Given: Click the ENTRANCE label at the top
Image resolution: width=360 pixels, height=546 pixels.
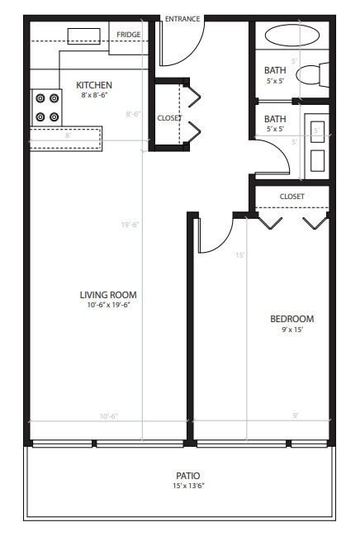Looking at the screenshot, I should (x=182, y=18).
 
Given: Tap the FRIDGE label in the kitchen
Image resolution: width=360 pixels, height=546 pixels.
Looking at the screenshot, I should (x=128, y=35).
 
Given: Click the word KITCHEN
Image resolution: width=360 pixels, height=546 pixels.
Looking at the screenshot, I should (x=93, y=85).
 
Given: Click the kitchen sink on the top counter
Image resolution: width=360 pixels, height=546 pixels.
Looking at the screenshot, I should (x=83, y=35).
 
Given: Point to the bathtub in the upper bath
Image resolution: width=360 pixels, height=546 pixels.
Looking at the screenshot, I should (x=292, y=36).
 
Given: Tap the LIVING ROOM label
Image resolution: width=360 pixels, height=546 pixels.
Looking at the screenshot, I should (x=108, y=295).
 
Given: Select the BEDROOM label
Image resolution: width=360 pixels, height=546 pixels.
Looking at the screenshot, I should (x=291, y=319).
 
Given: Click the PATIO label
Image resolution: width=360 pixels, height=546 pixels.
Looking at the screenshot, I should (x=187, y=476).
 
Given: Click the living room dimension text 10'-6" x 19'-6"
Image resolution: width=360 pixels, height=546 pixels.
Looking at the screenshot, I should (x=108, y=305).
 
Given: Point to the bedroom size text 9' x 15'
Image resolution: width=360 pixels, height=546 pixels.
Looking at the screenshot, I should (x=291, y=330).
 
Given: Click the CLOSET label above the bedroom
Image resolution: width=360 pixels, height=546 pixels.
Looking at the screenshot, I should (x=291, y=197).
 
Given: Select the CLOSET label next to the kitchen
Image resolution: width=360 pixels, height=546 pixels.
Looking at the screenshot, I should (x=168, y=118).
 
